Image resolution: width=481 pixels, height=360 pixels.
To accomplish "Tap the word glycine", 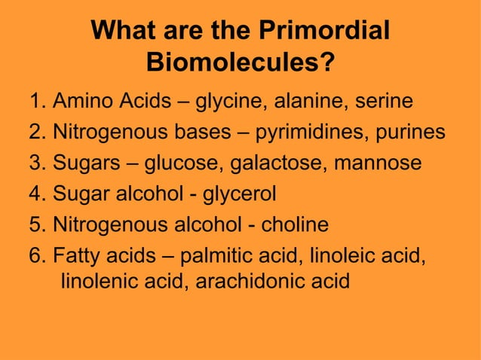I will [x=230, y=101].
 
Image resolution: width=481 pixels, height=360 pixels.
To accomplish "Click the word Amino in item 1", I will [x=83, y=101].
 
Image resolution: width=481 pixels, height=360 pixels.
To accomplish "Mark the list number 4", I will [x=36, y=194].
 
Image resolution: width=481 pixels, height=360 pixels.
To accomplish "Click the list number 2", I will [x=36, y=133].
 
